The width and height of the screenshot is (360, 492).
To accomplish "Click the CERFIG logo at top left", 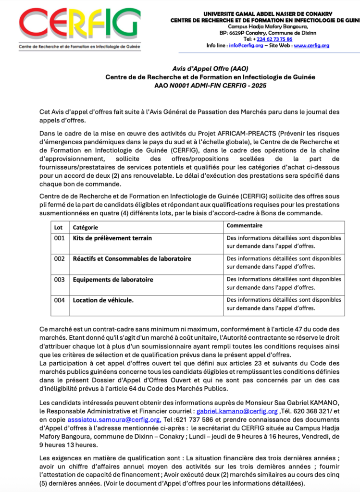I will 80,26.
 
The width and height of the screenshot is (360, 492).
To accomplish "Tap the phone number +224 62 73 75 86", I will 274,39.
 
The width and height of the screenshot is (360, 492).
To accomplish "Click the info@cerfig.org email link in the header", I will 246,46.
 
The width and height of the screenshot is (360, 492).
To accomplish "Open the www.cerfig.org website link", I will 311,46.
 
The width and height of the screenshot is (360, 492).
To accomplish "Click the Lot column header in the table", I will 58,226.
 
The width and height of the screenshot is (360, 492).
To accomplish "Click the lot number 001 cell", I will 59,238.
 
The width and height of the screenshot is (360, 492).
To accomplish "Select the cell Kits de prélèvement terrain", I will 112,238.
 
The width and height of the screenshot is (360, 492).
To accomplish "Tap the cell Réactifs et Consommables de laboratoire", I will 132,258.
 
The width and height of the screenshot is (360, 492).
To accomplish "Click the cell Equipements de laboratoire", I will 113,279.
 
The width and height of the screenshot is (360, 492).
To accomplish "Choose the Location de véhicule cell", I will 103,300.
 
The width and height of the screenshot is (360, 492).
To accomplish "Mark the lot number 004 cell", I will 59,300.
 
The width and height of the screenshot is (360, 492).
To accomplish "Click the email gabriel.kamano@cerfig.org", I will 237,411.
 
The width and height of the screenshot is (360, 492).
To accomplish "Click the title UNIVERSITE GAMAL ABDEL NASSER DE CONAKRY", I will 281,14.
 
